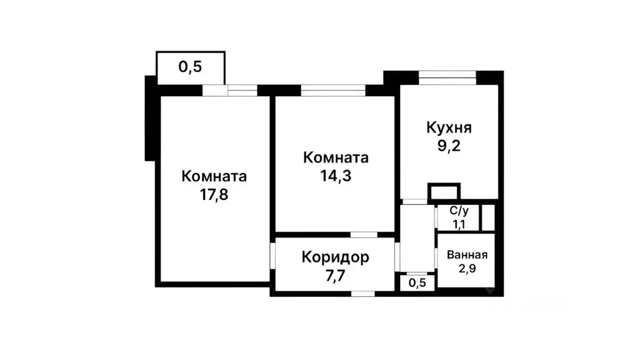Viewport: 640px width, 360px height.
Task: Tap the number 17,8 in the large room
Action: tap(214, 194)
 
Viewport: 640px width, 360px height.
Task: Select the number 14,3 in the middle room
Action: tap(335, 176)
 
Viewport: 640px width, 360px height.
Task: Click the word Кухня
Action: tap(449, 128)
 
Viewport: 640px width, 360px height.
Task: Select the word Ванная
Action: tap(467, 254)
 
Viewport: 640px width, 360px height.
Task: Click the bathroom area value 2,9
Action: tap(467, 269)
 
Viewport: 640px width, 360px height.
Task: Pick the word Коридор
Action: tap(335, 256)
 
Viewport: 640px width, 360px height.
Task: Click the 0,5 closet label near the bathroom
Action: tap(417, 282)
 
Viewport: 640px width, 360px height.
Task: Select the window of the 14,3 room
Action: tap(333, 91)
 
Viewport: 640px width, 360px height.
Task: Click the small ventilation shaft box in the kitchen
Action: tap(444, 191)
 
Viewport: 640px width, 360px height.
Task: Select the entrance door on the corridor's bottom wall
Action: tap(362, 293)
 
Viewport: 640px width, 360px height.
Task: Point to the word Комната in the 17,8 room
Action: tap(214, 176)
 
